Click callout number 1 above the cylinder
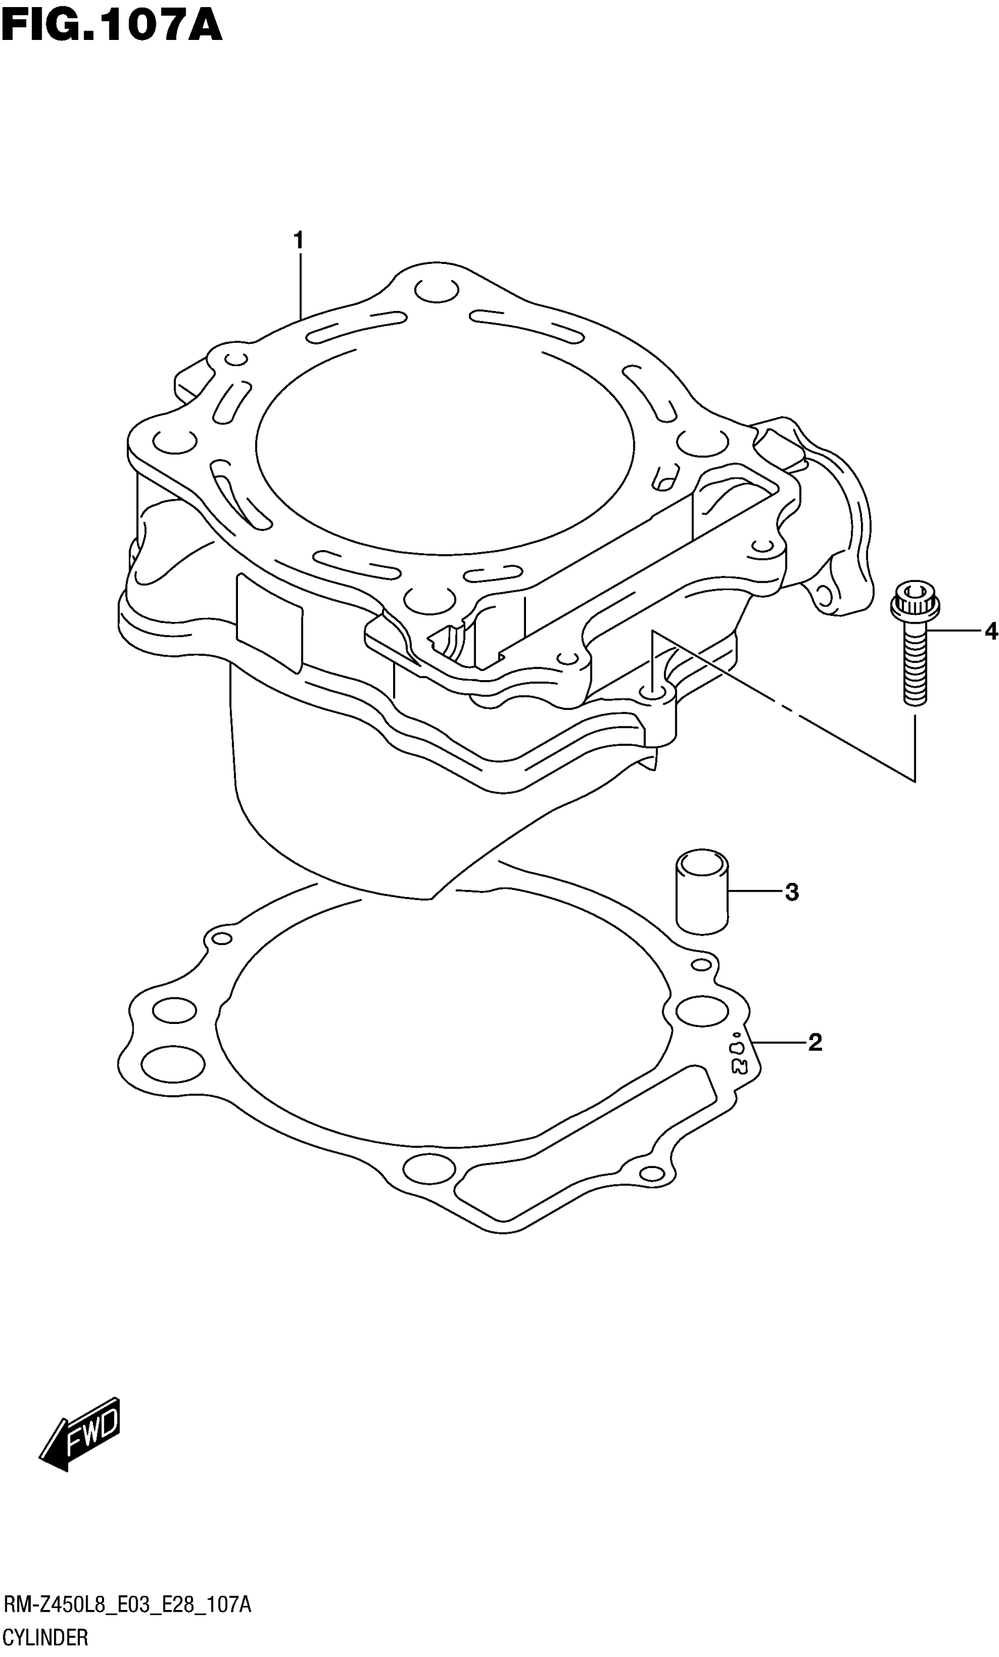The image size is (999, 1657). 299,239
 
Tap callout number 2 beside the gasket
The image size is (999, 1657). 814,1043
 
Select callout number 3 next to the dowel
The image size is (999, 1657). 792,892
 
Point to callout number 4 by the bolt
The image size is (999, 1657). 990,631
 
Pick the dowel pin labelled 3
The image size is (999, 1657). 702,892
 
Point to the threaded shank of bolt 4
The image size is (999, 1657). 914,666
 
